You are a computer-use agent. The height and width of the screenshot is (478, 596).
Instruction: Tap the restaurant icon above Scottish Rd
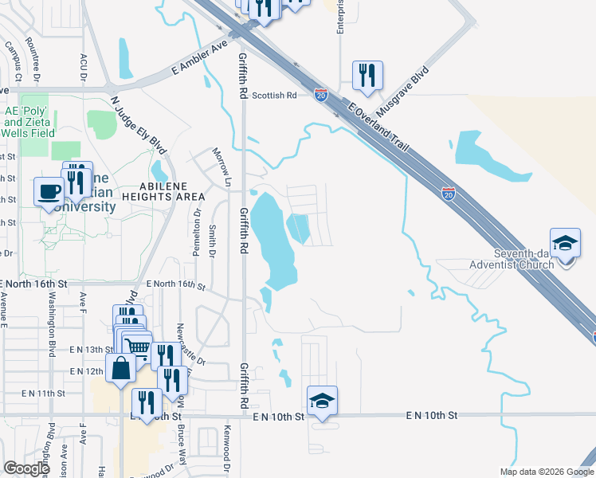(367, 76)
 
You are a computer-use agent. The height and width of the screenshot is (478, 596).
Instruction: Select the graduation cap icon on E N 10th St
(322, 400)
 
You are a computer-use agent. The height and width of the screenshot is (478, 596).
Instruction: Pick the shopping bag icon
(120, 369)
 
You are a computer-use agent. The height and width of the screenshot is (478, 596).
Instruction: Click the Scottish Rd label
(274, 95)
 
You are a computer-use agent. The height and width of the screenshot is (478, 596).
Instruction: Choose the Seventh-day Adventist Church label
(509, 257)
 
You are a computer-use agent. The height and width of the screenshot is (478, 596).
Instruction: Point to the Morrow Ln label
(221, 163)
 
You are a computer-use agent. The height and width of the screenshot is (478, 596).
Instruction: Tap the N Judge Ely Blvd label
(139, 125)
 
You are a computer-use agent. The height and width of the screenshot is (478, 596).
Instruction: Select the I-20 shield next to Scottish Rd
(320, 95)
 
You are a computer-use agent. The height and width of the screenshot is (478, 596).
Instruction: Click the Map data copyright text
(546, 472)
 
